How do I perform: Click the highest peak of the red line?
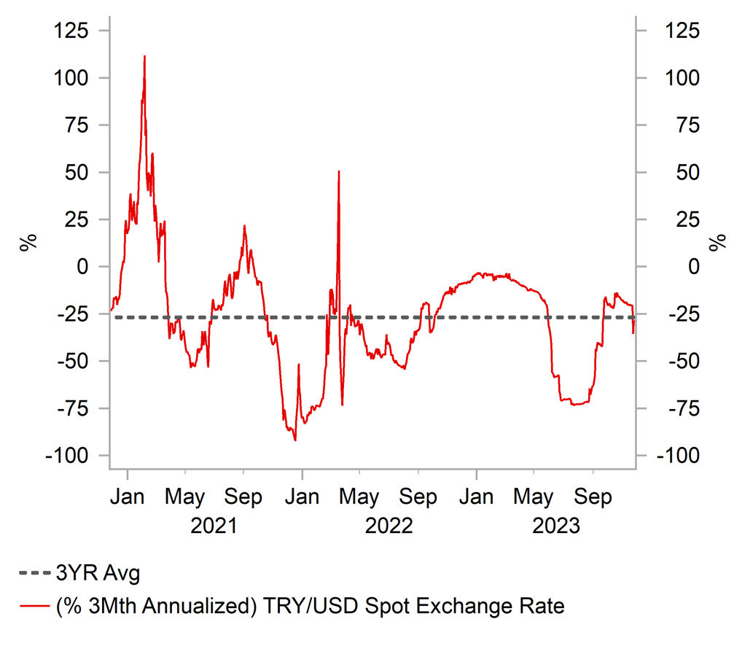(x=144, y=56)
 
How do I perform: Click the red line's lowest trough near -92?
(x=295, y=440)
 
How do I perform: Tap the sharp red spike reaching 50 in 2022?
(x=339, y=172)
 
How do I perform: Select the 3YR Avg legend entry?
(x=80, y=574)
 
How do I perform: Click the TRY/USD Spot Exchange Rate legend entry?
(x=292, y=606)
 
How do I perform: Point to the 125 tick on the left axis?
(x=72, y=31)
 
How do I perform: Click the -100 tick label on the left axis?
(x=69, y=456)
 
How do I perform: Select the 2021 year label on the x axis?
(x=214, y=525)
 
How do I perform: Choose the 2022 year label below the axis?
(x=389, y=525)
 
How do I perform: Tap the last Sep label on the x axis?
(x=593, y=498)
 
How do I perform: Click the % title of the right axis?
(x=719, y=243)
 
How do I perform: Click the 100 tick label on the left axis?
(x=72, y=78)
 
